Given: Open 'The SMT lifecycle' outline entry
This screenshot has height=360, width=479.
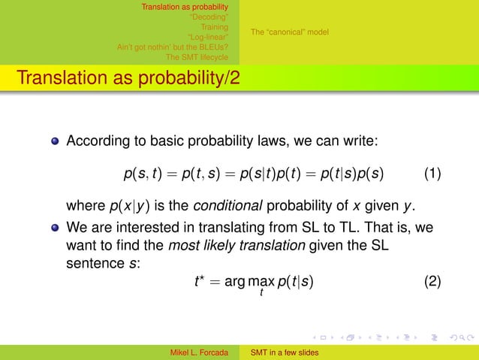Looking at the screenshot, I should coord(197,56).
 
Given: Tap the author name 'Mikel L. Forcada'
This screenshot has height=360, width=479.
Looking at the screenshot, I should coord(200,352).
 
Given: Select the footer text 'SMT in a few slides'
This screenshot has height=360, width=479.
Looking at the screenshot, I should coord(285,352).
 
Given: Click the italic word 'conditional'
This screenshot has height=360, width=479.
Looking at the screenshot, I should coord(224,207).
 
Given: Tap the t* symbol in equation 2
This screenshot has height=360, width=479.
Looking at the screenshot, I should coord(199,282).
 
